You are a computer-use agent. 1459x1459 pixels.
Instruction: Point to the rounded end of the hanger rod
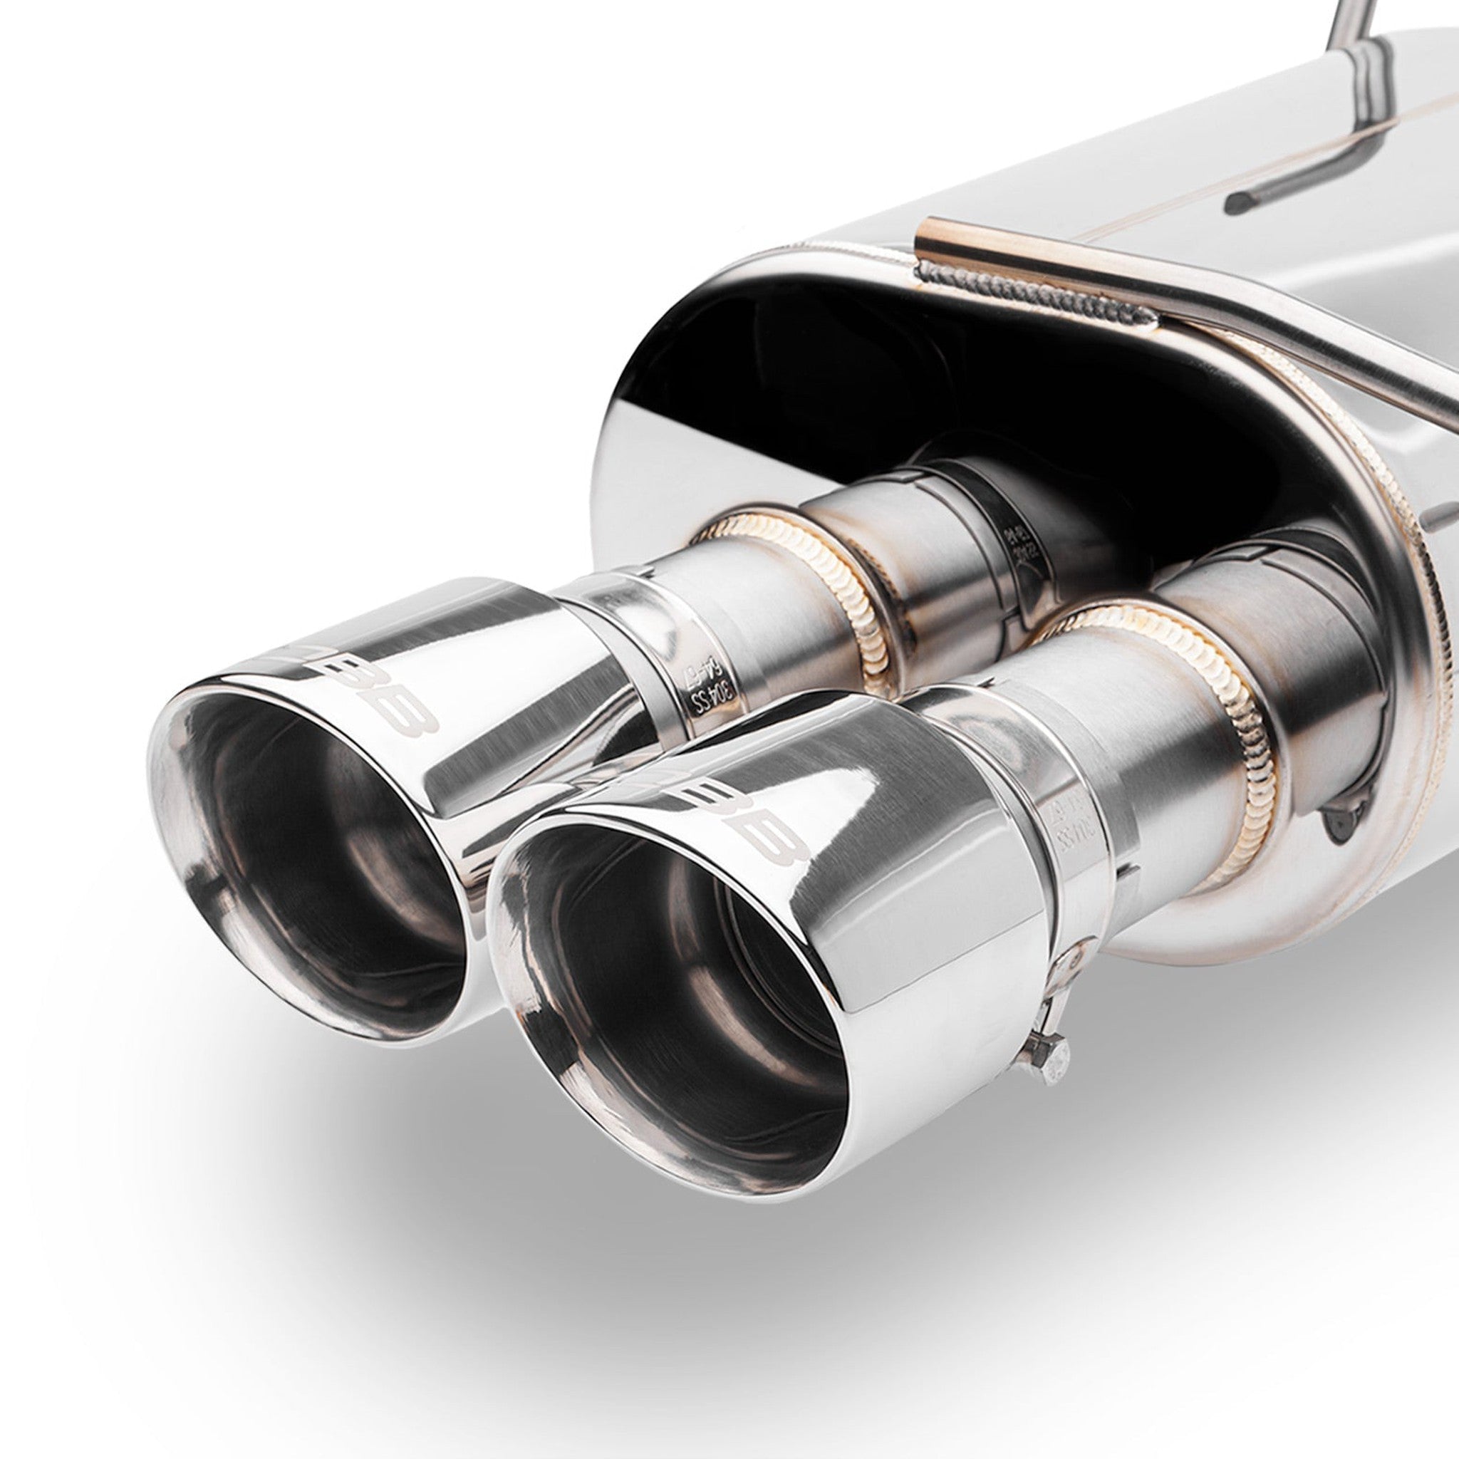[x=1238, y=200]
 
